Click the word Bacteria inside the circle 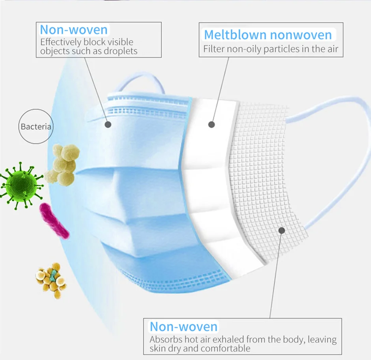pyautogui.click(x=36, y=127)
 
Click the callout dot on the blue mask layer pyautogui.click(x=108, y=124)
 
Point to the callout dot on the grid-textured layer pyautogui.click(x=281, y=231)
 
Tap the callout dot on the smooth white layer pyautogui.click(x=212, y=124)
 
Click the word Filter pyautogui.click(x=214, y=49)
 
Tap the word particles pyautogui.click(x=276, y=49)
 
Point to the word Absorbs pyautogui.click(x=166, y=339)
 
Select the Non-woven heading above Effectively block pyautogui.click(x=74, y=30)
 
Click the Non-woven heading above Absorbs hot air pyautogui.click(x=184, y=326)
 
